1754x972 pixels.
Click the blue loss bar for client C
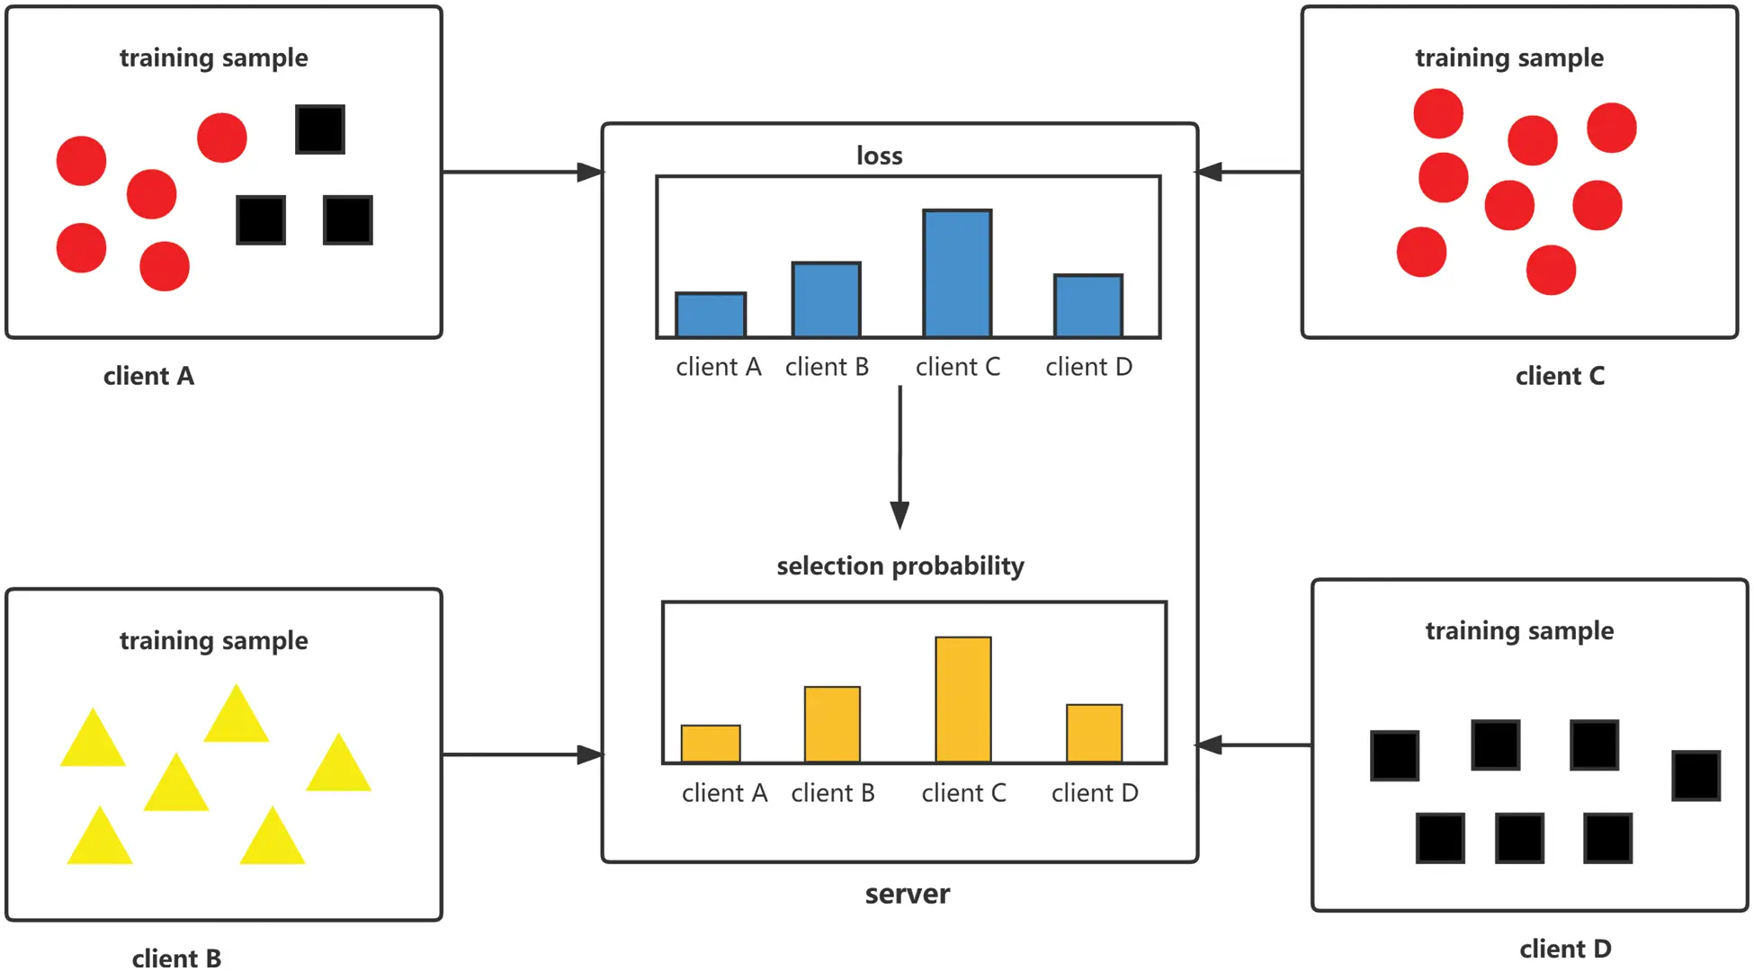click(957, 273)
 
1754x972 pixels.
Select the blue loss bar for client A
click(711, 315)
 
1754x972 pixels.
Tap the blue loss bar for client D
click(1088, 306)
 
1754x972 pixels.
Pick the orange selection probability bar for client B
click(832, 725)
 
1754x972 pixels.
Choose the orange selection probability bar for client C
click(963, 700)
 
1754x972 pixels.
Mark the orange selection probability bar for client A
click(711, 744)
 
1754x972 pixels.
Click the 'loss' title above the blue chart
click(879, 156)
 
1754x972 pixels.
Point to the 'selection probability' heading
click(899, 566)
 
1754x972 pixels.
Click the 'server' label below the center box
click(907, 894)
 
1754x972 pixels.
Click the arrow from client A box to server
click(522, 172)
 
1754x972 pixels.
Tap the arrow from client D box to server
click(1254, 745)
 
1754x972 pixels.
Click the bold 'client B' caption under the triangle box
click(176, 958)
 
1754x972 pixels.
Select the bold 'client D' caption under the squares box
click(1565, 949)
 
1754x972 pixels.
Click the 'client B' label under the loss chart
click(827, 367)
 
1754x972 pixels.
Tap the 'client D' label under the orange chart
click(1095, 793)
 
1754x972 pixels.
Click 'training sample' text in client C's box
click(1508, 58)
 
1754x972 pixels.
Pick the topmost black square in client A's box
click(320, 129)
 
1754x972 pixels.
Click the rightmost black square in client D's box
click(1696, 775)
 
